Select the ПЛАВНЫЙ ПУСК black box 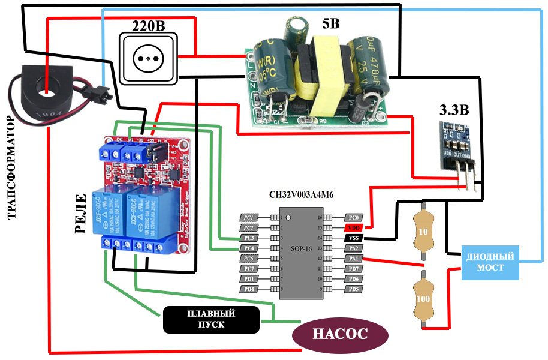[x=210, y=319]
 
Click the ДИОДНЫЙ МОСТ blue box [x=490, y=262]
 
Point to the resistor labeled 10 [x=423, y=232]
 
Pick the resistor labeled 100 [x=423, y=298]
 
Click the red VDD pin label [x=354, y=227]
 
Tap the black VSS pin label [x=354, y=238]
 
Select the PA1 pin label [x=354, y=258]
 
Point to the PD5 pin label [x=354, y=289]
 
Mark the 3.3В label [x=454, y=110]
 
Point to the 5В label [x=330, y=25]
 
